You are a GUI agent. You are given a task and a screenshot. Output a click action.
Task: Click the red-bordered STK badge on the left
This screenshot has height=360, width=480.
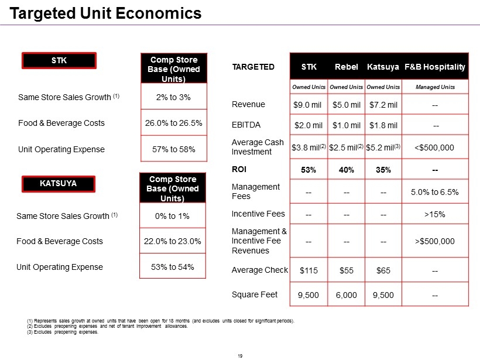(x=59, y=60)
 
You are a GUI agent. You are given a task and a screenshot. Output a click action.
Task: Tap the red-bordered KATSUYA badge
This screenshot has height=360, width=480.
(x=58, y=183)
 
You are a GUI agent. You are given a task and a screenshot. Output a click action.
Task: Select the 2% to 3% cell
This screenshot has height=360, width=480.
(x=173, y=97)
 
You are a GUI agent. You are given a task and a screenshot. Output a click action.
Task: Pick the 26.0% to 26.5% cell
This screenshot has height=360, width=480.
(x=173, y=123)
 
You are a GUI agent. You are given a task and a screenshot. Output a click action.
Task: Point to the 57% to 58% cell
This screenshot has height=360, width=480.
(x=173, y=149)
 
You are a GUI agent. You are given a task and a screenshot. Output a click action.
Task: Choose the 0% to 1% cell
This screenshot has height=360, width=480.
(x=172, y=216)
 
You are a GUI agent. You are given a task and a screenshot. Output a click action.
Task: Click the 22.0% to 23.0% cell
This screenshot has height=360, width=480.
(x=172, y=241)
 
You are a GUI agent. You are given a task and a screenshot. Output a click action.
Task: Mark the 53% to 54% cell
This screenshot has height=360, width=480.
(x=172, y=267)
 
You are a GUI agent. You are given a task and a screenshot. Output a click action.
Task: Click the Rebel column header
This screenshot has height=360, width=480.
(x=347, y=67)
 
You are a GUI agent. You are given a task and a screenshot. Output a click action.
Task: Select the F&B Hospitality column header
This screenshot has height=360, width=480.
(x=435, y=67)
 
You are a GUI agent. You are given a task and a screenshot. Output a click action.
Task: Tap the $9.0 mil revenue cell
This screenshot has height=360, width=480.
(x=308, y=105)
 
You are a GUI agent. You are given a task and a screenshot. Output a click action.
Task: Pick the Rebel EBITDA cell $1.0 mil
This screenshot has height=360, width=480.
(x=346, y=125)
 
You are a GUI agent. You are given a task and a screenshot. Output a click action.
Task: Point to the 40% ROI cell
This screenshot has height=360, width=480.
(x=346, y=170)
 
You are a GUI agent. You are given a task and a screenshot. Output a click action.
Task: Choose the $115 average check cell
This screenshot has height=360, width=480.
(x=308, y=270)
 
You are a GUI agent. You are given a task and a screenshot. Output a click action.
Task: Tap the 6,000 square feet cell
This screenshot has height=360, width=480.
(x=346, y=295)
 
